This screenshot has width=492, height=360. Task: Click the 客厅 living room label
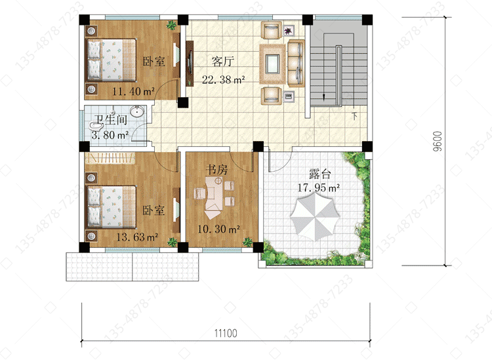[x=223, y=61]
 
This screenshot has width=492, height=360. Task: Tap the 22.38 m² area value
[x=224, y=79]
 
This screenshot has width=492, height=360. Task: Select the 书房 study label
[x=217, y=170]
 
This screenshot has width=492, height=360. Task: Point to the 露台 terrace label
[x=319, y=173]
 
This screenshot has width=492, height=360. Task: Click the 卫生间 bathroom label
[x=111, y=120]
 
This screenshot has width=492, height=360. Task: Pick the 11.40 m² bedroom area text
[x=133, y=91]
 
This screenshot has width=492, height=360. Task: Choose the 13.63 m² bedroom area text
[x=137, y=237]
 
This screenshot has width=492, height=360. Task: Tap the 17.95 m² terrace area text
[x=318, y=188]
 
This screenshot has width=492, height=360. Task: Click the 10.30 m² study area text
[x=218, y=229]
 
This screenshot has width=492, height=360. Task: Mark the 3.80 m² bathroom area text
[x=110, y=135]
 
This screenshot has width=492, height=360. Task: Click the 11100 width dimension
[x=226, y=333]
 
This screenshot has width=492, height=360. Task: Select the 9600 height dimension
[x=438, y=142]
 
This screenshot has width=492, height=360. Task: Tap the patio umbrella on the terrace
[x=315, y=216]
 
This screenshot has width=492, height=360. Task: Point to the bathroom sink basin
[x=137, y=111]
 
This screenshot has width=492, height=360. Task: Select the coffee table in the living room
[x=272, y=64]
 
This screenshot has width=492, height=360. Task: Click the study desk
[x=214, y=197]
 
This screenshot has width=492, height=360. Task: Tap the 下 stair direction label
[x=354, y=116]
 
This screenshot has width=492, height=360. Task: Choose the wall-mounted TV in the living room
[x=190, y=64]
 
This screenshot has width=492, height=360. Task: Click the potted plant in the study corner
[x=247, y=242]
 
